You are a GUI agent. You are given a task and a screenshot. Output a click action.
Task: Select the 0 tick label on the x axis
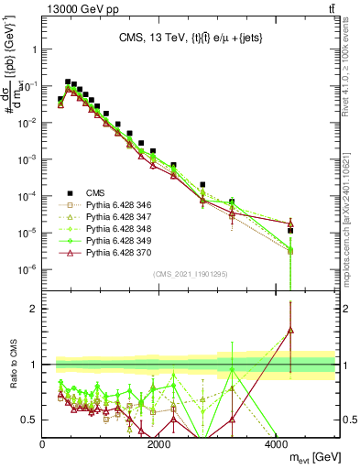43,444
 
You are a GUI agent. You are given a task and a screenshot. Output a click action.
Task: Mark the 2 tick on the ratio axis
35,309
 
